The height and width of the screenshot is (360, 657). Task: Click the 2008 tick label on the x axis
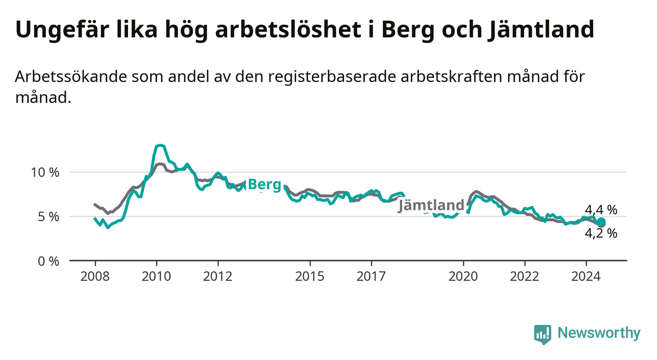coord(95,277)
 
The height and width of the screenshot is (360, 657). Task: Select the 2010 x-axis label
coord(156,277)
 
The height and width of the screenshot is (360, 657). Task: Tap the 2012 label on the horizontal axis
coord(218,277)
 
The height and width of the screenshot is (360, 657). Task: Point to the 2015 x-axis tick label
coord(310,277)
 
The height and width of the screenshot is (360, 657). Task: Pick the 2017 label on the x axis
coord(371,277)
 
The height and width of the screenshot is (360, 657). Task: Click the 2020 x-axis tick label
coord(463,277)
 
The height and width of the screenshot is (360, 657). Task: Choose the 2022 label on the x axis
coord(525,277)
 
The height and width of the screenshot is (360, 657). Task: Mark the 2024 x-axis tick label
coord(586,277)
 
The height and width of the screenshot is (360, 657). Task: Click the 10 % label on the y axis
coord(45,173)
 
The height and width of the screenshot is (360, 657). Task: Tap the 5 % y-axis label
coord(49,217)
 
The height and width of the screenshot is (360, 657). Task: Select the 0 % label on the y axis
coord(49,261)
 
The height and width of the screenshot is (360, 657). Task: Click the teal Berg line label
coord(265,185)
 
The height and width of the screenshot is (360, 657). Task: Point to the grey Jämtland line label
coord(431,205)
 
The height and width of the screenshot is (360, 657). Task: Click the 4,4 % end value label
coord(601,210)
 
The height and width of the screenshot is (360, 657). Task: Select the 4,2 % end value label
coord(601,233)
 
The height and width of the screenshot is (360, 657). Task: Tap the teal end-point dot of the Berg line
coord(601,222)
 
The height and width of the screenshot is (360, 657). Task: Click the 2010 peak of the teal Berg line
coord(159,145)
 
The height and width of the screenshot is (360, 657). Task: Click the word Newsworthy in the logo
coord(599,333)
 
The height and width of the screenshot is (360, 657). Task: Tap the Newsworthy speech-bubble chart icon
coord(543,334)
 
